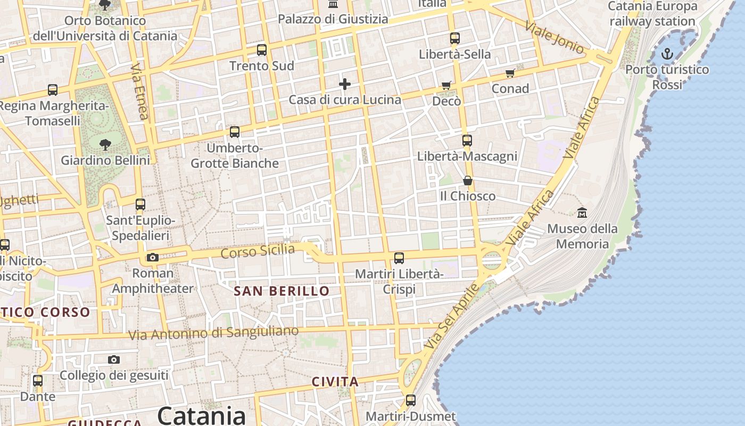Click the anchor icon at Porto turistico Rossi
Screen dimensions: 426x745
[667, 54]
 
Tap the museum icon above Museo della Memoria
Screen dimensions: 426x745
[582, 212]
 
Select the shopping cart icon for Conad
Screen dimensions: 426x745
[510, 73]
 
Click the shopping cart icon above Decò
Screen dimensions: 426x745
[446, 85]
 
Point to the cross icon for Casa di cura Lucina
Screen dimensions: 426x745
[345, 84]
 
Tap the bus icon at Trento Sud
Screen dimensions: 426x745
[261, 50]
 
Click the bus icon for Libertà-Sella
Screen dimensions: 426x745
[454, 38]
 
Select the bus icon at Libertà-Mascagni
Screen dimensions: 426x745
[467, 141]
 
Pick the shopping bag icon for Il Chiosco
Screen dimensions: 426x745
[467, 181]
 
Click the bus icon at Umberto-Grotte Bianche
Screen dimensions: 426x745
[234, 132]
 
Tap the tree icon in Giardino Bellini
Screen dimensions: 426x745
[105, 144]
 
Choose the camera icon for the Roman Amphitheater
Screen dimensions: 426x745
[153, 258]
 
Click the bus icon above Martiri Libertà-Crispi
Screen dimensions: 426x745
[399, 258]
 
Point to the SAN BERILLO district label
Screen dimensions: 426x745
[282, 291]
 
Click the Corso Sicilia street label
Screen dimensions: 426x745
[258, 251]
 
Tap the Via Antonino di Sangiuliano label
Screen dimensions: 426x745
[213, 333]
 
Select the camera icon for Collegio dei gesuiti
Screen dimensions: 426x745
[114, 360]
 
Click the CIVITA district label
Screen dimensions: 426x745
[335, 382]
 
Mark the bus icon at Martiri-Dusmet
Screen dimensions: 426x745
[411, 400]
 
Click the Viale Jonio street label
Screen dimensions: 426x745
[554, 37]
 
